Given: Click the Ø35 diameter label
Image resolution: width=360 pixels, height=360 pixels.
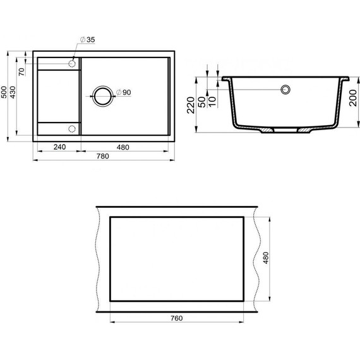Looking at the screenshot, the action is click(87, 40).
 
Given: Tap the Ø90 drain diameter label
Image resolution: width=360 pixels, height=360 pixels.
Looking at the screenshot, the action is click(123, 92).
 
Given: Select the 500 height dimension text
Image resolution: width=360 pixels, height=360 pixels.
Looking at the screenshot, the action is click(4, 92).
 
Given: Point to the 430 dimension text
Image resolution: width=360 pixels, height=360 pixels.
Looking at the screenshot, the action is click(13, 92).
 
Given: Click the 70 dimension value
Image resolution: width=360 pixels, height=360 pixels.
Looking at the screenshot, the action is click(21, 72).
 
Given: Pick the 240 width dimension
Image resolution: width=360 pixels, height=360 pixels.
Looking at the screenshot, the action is click(60, 147).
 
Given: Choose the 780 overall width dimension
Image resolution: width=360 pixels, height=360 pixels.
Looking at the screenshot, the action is click(102, 156).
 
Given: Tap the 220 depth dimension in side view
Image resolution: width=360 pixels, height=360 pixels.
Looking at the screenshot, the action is click(191, 105).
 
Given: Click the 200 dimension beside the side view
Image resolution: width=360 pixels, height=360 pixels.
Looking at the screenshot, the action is click(353, 98).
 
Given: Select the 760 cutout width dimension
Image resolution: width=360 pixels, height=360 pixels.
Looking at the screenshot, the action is click(177, 318).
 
